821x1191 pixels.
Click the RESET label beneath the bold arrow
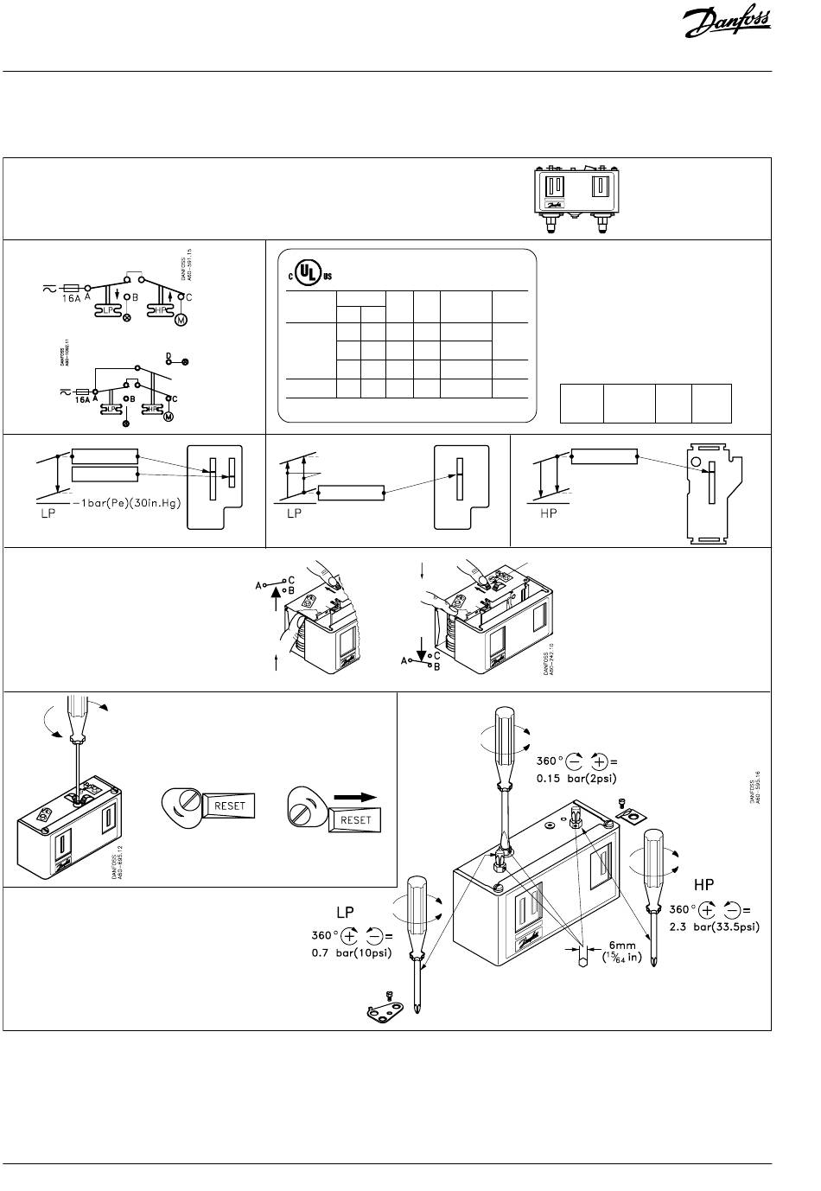pyautogui.click(x=356, y=819)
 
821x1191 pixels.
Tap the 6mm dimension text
pyautogui.click(x=625, y=945)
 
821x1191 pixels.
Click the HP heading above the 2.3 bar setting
pyautogui.click(x=705, y=886)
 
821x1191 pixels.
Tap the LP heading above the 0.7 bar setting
pyautogui.click(x=345, y=913)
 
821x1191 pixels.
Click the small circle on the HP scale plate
pyautogui.click(x=697, y=462)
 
